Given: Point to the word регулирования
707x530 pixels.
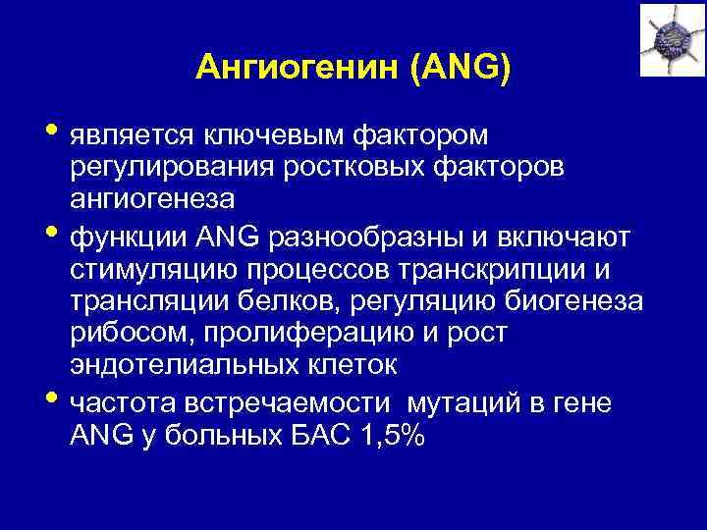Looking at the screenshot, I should coord(168,166).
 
